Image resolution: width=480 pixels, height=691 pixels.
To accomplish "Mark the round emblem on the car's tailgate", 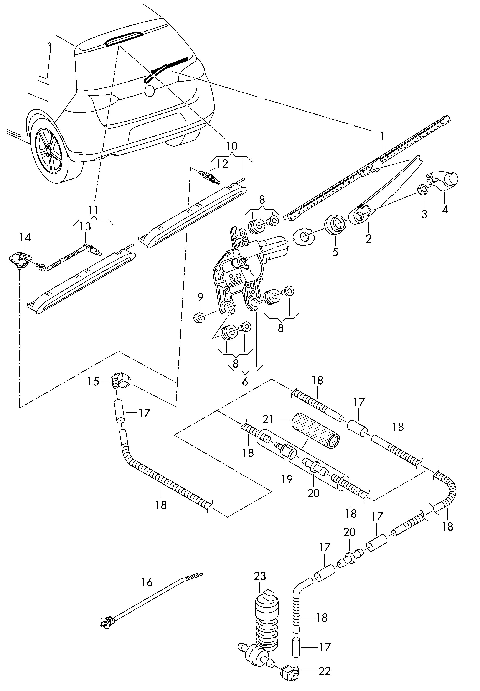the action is pyautogui.click(x=149, y=91).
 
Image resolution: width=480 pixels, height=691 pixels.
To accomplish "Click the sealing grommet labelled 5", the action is pyautogui.click(x=335, y=225).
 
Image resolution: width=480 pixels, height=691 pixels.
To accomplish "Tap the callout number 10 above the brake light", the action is pyautogui.click(x=232, y=146).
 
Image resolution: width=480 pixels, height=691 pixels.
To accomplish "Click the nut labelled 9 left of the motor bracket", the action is pyautogui.click(x=199, y=317).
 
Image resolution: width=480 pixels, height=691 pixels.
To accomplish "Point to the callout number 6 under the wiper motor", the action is pyautogui.click(x=245, y=381).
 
